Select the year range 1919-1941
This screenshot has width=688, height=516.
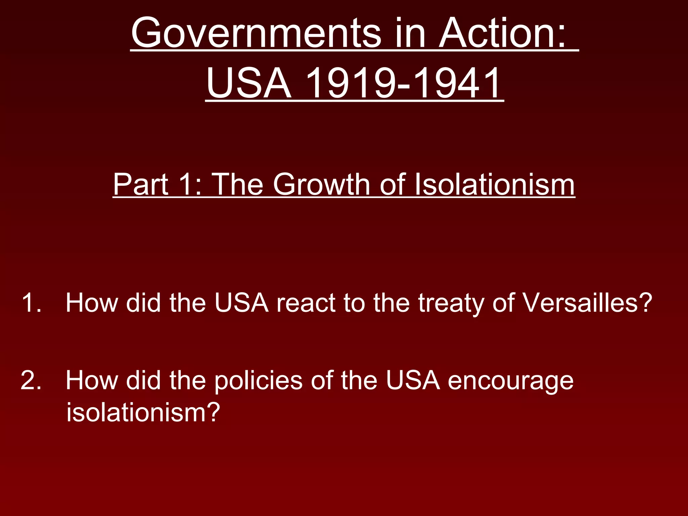coord(403,83)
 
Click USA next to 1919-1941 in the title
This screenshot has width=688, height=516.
coord(249,83)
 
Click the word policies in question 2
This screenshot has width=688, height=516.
coord(258,381)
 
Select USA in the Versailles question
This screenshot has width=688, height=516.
coord(242,303)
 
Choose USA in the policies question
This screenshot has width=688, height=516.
coord(413,380)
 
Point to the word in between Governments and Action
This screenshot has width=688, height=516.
coord(410,34)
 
